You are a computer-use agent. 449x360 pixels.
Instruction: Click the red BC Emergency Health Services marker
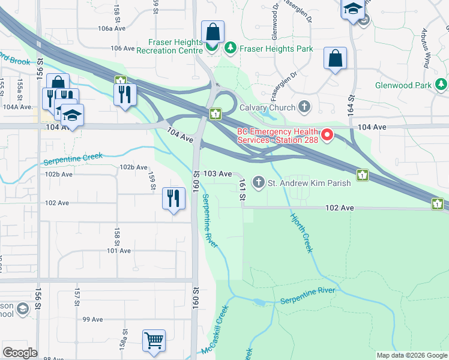click(328, 135)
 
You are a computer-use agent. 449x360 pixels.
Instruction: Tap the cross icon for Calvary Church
click(304, 107)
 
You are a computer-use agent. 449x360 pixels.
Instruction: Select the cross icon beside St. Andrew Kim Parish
click(259, 182)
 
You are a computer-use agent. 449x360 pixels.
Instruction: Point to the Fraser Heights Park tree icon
click(229, 46)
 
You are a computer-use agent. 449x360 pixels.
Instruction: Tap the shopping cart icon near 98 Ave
click(154, 340)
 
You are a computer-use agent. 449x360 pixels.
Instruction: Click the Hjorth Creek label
click(303, 233)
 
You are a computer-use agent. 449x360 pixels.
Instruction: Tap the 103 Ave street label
click(217, 173)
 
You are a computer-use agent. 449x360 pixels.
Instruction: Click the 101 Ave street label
click(119, 251)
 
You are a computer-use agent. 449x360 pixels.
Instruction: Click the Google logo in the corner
click(20, 353)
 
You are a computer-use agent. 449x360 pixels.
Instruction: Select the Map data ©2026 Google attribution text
click(411, 355)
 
